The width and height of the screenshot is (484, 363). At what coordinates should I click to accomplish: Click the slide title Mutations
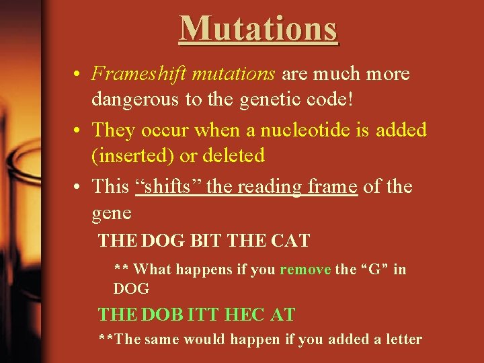pyautogui.click(x=259, y=29)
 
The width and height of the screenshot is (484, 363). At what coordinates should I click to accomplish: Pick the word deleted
pyautogui.click(x=233, y=156)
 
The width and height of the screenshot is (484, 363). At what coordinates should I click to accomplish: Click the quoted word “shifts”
pyautogui.click(x=168, y=186)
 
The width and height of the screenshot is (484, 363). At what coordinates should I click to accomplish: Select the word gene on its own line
pyautogui.click(x=112, y=213)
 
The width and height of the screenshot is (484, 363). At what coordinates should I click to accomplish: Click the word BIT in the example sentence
pyautogui.click(x=206, y=240)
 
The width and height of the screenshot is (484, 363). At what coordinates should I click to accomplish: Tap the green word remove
pyautogui.click(x=305, y=270)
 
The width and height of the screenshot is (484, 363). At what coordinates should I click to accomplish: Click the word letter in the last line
pyautogui.click(x=401, y=339)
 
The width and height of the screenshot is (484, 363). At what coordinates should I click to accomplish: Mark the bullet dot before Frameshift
pyautogui.click(x=80, y=74)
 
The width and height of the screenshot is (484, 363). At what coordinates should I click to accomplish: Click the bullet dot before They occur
pyautogui.click(x=80, y=130)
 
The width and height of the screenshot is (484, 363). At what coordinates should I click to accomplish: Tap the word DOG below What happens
pyautogui.click(x=131, y=288)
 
